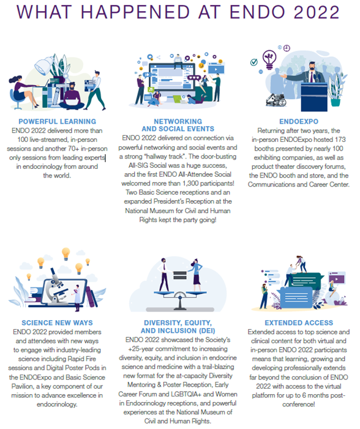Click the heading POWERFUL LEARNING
tap(57, 121)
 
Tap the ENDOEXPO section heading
tap(299, 121)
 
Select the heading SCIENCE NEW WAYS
tap(57, 323)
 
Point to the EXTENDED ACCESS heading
tap(299, 323)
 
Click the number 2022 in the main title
tap(317, 12)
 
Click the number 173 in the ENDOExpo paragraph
tap(340, 140)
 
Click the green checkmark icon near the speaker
tap(254, 62)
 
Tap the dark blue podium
tap(314, 97)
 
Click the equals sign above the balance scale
tap(180, 275)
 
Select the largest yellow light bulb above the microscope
tap(66, 253)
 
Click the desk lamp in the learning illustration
tap(45, 65)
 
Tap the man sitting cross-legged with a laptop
tap(72, 97)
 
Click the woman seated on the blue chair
tap(23, 92)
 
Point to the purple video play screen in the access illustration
tap(337, 278)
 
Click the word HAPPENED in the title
tap(135, 12)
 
